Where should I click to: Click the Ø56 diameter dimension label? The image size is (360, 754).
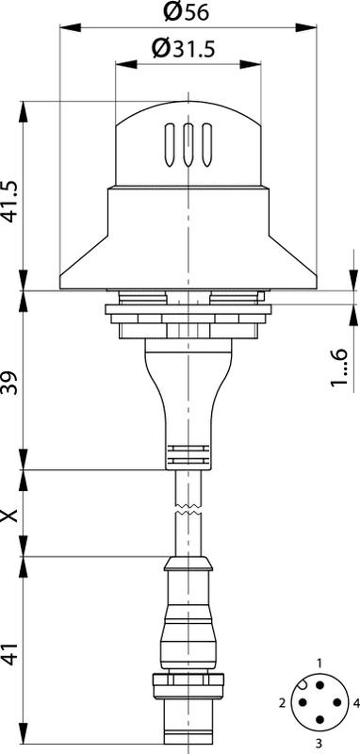186,11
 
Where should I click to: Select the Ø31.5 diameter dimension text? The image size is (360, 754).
183,49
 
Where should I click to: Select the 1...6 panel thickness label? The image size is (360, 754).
340,367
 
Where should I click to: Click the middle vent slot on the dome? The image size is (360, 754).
188,145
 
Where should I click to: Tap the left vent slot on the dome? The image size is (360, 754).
170,145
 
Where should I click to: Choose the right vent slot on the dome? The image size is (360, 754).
206,145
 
